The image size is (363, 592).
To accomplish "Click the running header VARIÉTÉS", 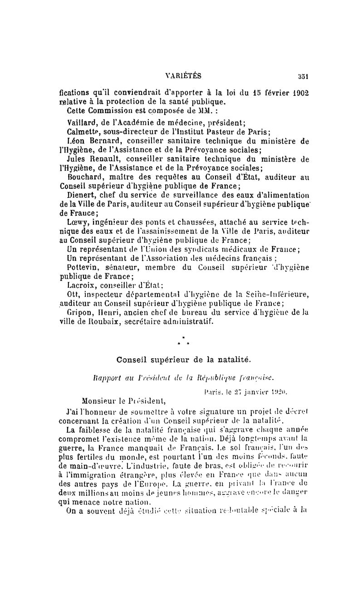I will [184, 76].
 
